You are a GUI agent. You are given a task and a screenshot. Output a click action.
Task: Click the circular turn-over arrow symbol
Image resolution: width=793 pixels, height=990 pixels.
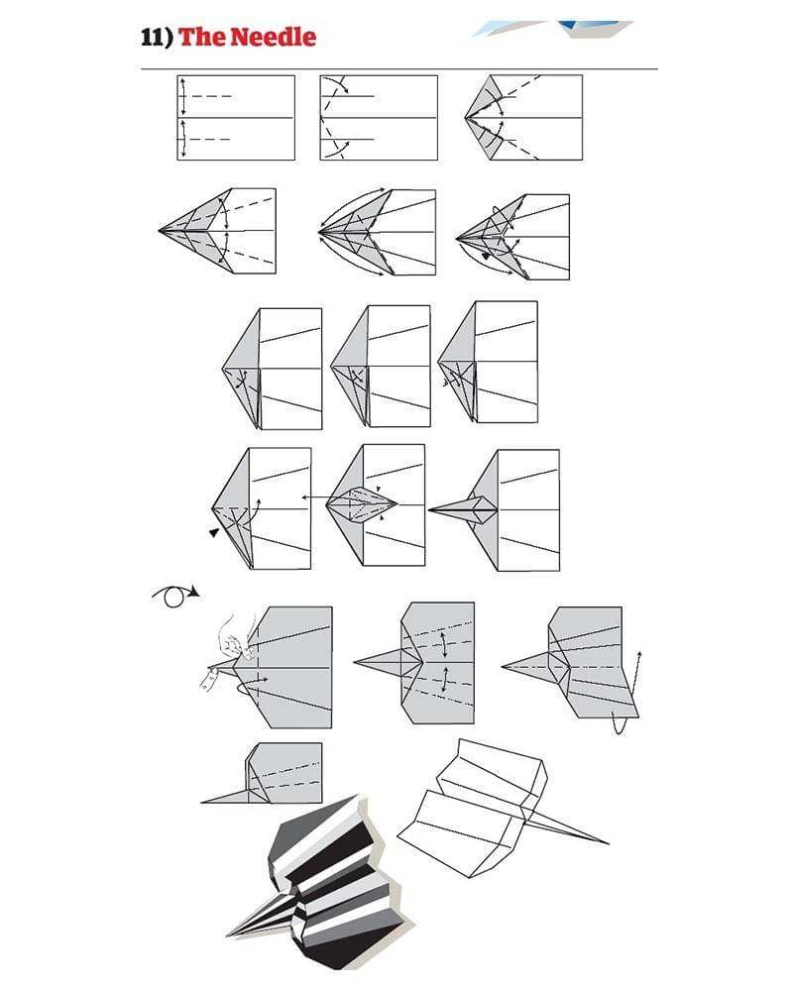175,596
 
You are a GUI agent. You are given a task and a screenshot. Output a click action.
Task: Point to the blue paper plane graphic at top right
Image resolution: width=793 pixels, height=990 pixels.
552,29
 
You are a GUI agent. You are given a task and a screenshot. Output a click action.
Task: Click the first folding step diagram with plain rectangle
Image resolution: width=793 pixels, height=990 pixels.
236,118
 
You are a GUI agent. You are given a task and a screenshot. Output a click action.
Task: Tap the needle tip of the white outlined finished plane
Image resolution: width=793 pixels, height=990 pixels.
608,843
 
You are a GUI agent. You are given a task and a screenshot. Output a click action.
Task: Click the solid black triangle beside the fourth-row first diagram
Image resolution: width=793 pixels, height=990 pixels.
215,533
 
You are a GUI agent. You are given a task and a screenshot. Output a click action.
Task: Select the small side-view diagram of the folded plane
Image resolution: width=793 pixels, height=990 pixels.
262,773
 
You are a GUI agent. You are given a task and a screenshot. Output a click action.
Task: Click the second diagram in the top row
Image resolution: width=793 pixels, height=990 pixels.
379,118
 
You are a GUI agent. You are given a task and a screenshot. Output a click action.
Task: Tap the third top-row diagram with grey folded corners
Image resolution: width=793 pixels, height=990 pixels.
523,118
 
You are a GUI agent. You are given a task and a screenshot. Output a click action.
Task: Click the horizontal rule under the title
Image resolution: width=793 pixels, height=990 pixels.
399,68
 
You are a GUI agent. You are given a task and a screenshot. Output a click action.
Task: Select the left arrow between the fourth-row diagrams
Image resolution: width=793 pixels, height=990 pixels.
314,497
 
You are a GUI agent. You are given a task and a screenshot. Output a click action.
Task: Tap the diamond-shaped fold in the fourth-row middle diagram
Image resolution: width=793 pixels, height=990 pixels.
363,503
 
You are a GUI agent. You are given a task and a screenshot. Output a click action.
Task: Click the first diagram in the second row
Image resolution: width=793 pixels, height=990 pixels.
217,231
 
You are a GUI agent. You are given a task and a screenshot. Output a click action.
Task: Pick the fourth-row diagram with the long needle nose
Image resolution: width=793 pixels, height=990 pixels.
494,510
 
